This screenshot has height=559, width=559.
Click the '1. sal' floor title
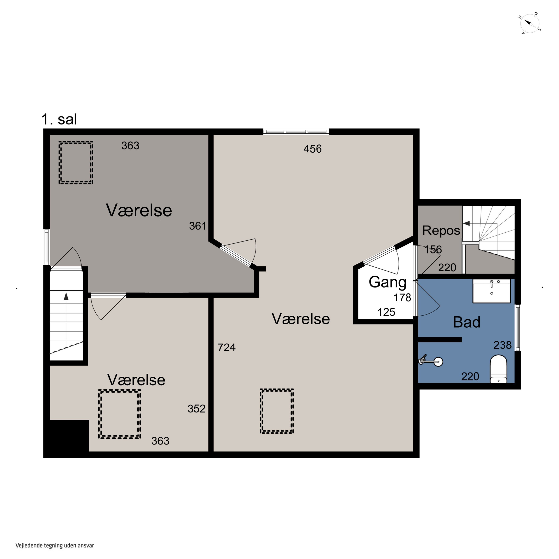59,119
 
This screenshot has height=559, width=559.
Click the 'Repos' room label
441,231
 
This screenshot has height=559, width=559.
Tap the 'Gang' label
387,282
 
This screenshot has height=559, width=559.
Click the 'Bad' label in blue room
466,322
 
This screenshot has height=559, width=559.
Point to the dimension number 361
198,226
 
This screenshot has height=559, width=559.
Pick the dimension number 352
196,409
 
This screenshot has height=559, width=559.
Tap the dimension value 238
502,345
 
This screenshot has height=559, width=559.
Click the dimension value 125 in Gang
386,312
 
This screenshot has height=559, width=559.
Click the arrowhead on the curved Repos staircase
466,223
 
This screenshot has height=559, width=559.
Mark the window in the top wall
296,132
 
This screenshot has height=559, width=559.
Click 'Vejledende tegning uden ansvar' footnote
55,545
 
